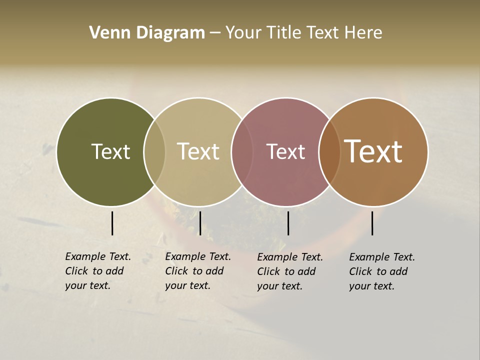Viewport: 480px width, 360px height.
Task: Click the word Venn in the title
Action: (104, 32)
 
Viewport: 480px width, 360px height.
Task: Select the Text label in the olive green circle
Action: (110, 151)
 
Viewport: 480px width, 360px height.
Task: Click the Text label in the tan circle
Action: (198, 151)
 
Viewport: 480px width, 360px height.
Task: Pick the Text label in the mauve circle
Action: (285, 152)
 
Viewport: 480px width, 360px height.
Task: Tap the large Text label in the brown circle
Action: (373, 151)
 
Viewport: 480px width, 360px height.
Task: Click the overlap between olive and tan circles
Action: (154, 152)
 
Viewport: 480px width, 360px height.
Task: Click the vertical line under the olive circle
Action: (112, 223)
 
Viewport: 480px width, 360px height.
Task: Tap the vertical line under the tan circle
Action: (200, 223)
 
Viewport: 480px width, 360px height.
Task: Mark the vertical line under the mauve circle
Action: (288, 223)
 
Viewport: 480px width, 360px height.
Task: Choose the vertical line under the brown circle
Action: (372, 223)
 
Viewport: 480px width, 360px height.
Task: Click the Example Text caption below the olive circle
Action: (98, 271)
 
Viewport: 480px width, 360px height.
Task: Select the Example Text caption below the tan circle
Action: (198, 271)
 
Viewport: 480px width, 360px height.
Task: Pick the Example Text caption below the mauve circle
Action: (290, 271)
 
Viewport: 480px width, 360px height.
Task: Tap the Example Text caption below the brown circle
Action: (382, 271)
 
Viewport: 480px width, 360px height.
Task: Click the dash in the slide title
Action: (215, 33)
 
